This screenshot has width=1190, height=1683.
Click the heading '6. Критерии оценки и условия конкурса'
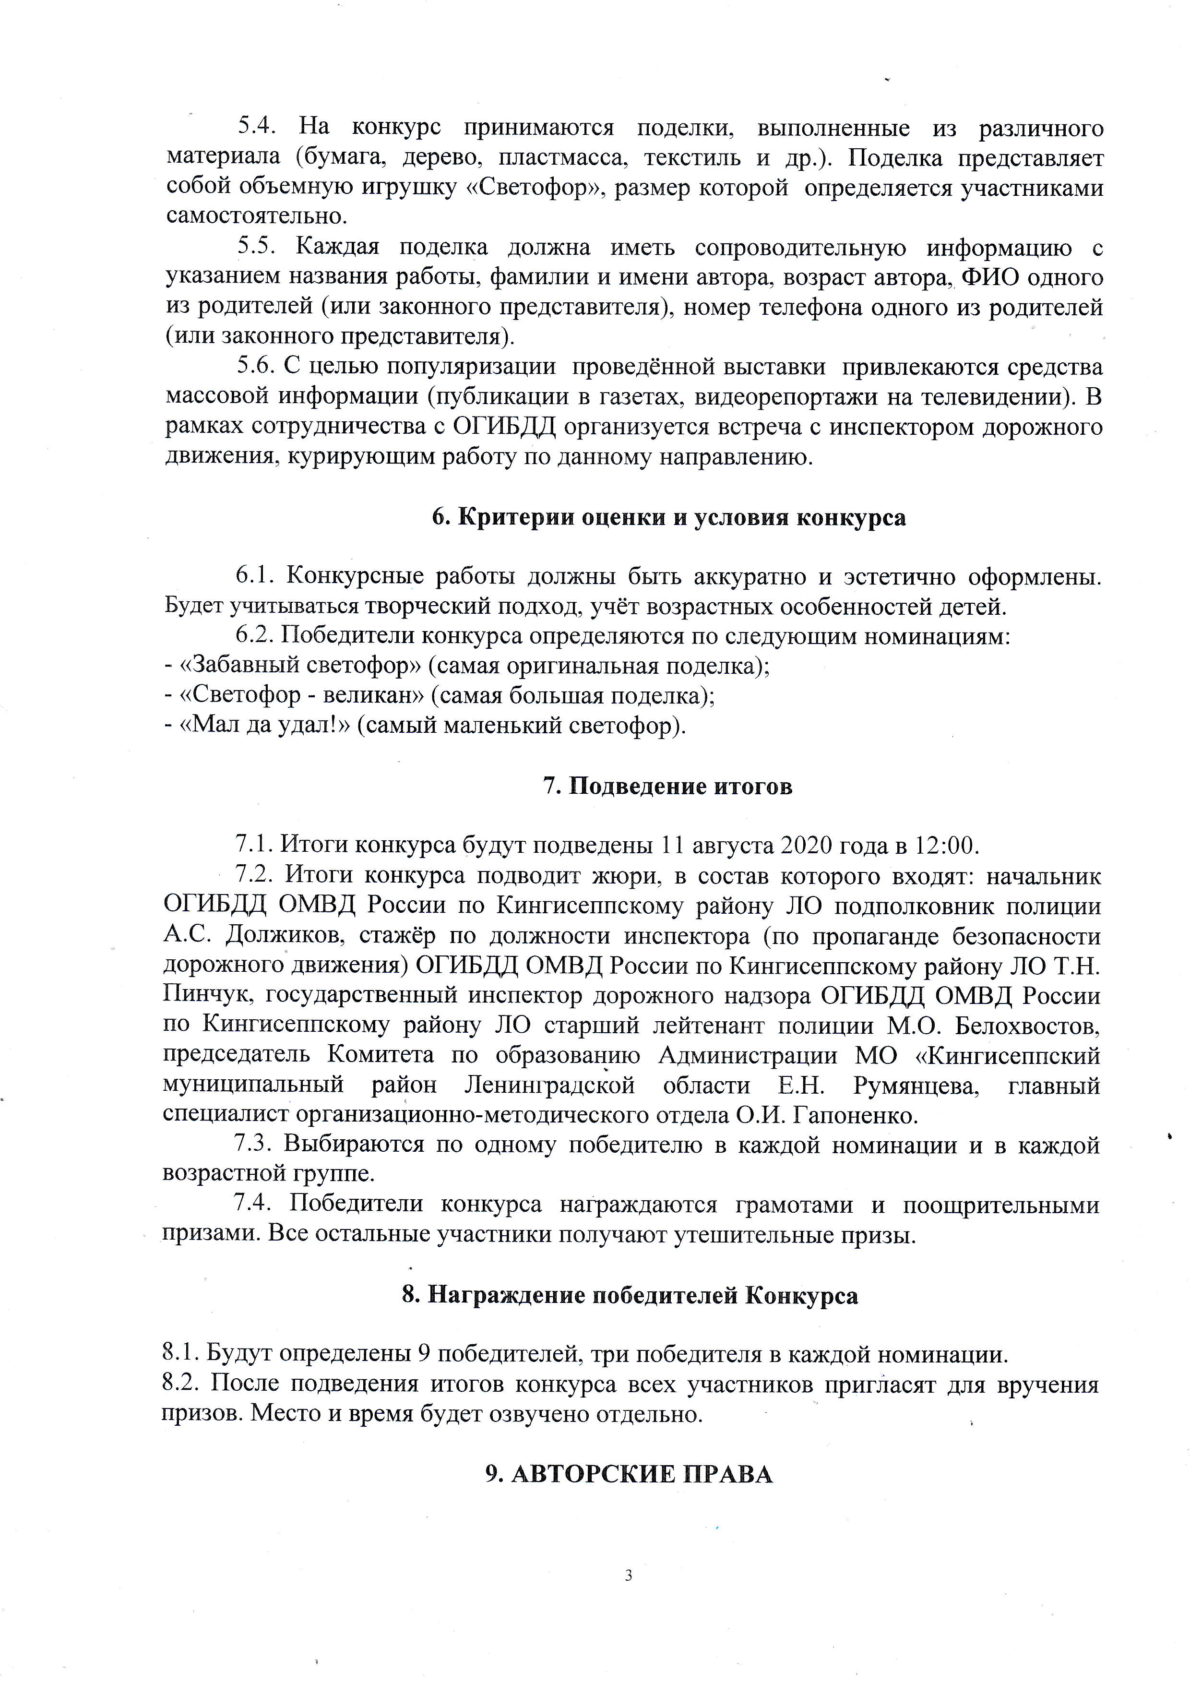(668, 517)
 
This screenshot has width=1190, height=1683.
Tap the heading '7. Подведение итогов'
(667, 787)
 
